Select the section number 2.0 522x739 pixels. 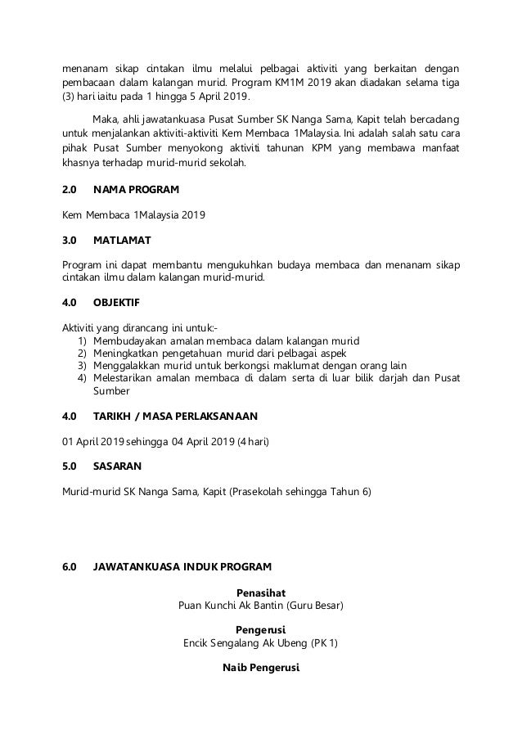[70, 190]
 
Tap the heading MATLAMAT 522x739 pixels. [121, 241]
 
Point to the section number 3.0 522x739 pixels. [70, 241]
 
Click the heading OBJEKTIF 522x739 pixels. [117, 301]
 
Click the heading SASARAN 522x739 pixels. [118, 465]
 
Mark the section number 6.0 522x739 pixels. [70, 566]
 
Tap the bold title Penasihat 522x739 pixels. [260, 592]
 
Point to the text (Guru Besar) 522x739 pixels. [316, 606]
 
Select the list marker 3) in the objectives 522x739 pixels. [82, 365]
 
